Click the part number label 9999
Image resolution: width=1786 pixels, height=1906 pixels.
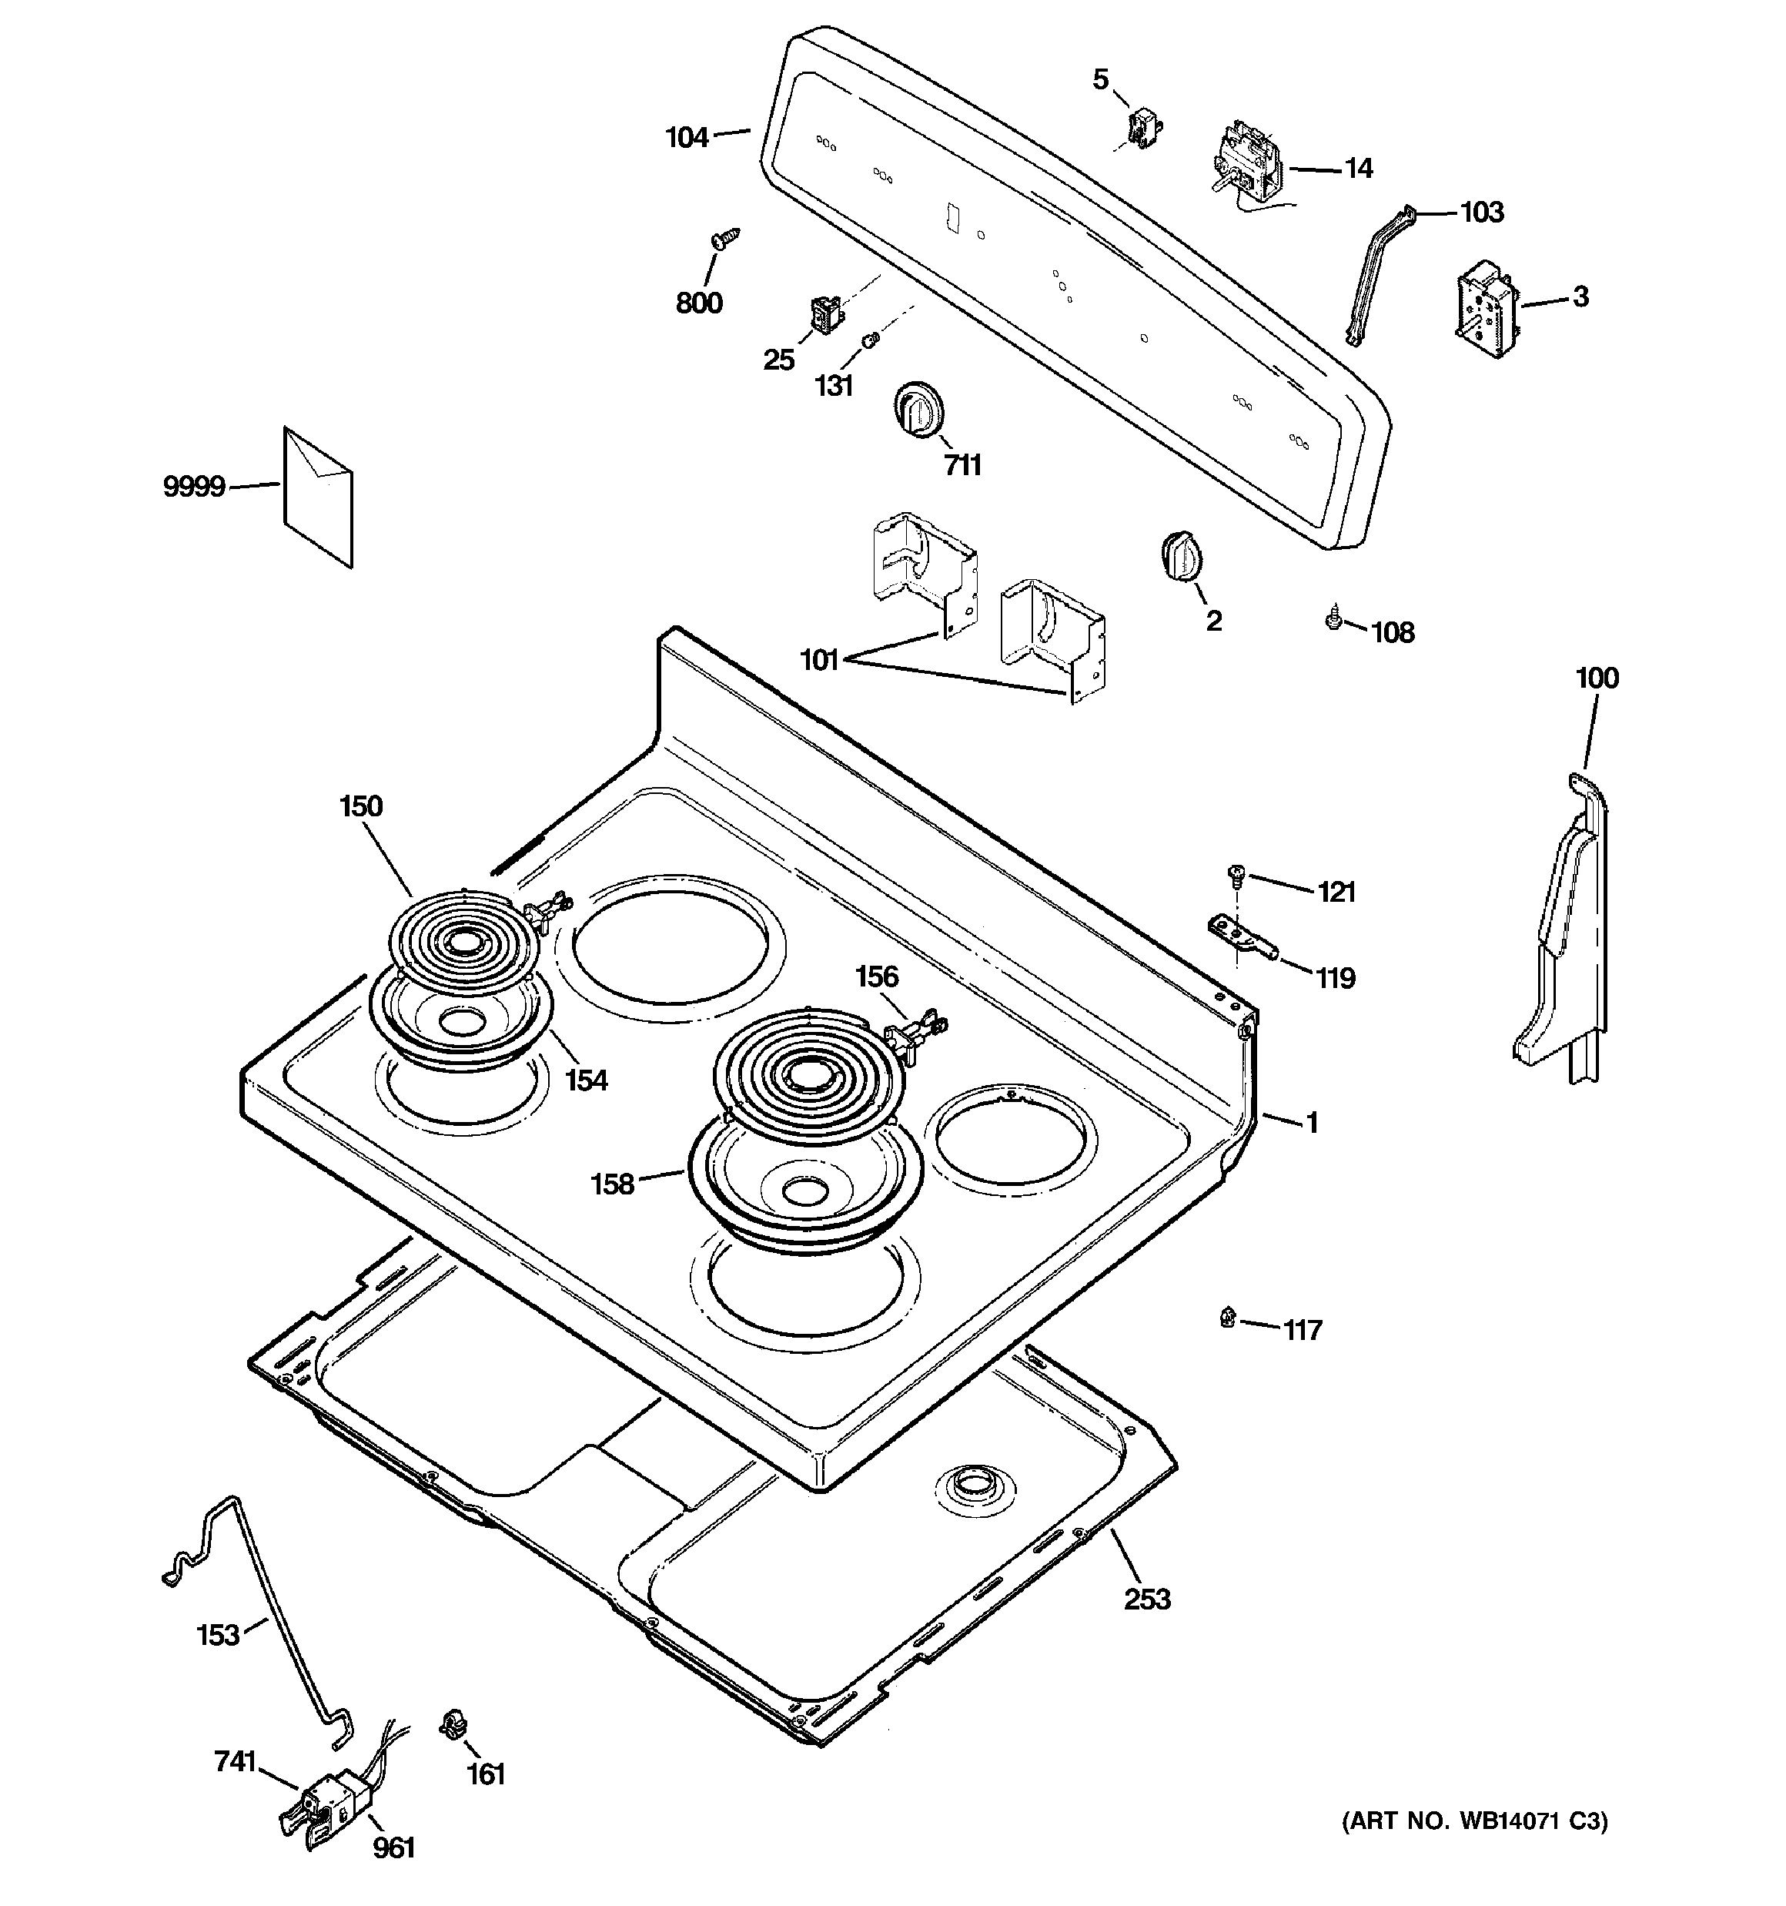194,487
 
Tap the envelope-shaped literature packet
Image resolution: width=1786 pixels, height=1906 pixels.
317,496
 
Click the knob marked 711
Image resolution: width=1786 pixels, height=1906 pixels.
917,410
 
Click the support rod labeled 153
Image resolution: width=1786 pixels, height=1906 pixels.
278,1611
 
